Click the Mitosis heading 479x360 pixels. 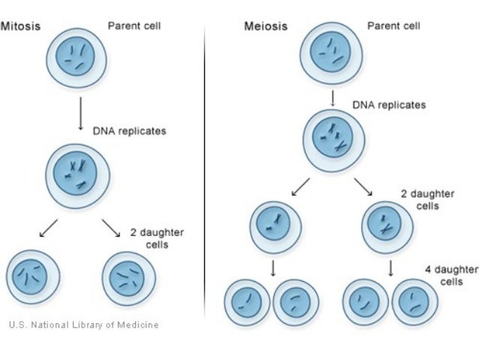tap(20, 26)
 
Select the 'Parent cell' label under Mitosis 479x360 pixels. tap(134, 26)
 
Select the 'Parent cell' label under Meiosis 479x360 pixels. tap(393, 26)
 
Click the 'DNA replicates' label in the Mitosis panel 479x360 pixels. tap(129, 131)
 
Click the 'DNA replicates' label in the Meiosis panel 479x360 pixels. tap(389, 104)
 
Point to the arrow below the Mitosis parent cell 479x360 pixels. tap(80, 116)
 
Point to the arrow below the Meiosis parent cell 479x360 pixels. tap(332, 98)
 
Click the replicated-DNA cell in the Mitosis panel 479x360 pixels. tap(77, 177)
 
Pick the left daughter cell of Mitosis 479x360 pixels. tap(32, 276)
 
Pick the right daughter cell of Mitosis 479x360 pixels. tap(128, 277)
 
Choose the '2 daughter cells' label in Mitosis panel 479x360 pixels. tap(157, 238)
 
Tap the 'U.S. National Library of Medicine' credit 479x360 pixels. tap(83, 325)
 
